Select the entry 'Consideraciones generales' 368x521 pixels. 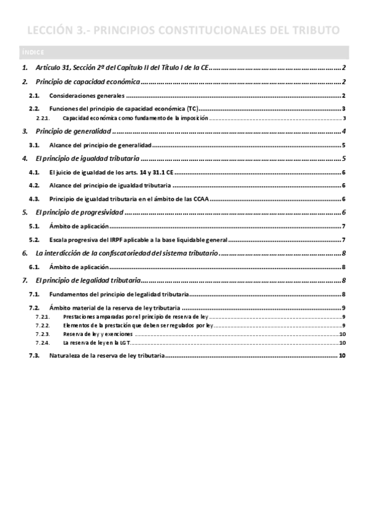(x=87, y=96)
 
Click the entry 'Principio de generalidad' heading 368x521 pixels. (x=74, y=131)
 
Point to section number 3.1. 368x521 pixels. (x=34, y=146)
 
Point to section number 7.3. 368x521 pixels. (x=34, y=356)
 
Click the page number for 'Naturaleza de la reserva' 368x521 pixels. (x=342, y=356)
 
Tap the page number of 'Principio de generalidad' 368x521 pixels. (x=346, y=131)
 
